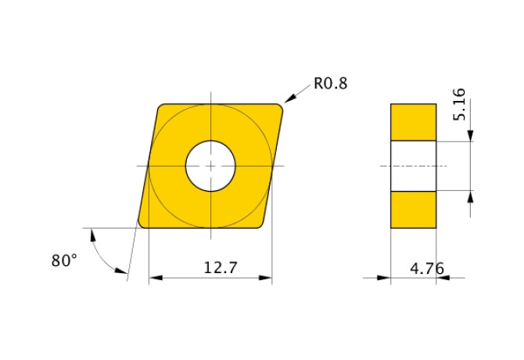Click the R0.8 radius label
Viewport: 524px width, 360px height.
(329, 83)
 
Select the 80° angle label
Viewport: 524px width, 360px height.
(64, 261)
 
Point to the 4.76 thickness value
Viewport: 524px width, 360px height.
(427, 268)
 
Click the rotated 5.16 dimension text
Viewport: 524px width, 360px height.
(460, 103)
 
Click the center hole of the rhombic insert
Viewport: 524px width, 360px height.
(210, 166)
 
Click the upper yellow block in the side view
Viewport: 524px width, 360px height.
(413, 122)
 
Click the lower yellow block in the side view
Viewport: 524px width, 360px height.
(413, 209)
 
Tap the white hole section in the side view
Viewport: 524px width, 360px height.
(413, 166)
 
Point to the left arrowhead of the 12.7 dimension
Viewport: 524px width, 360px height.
(154, 278)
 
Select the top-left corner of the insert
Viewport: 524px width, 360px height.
(161, 108)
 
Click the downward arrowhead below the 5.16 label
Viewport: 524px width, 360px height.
(471, 136)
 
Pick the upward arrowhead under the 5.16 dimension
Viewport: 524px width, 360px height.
(471, 196)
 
